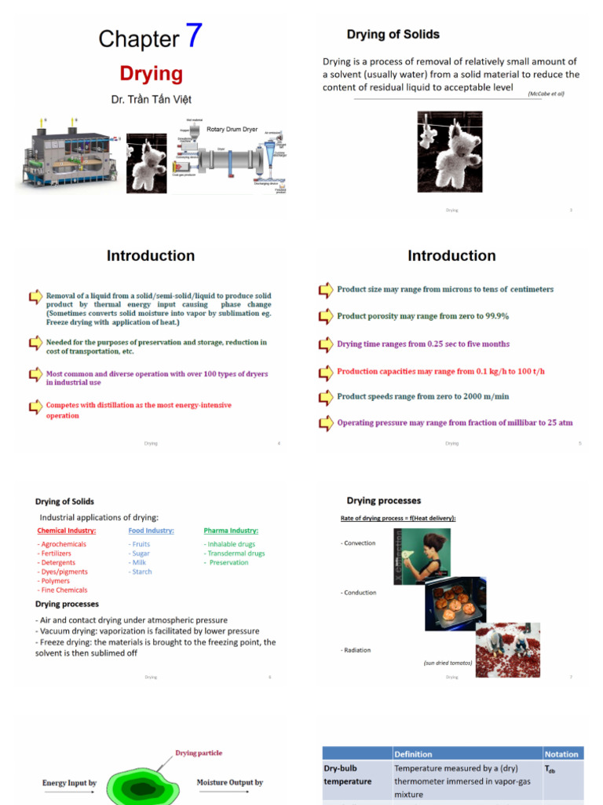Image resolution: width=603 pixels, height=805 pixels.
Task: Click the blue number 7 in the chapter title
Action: [x=193, y=36]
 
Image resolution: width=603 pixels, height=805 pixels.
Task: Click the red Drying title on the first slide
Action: [x=151, y=74]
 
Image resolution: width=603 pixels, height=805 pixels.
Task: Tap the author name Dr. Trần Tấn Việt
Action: [x=151, y=99]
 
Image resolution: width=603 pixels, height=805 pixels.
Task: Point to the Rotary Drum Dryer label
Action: [x=232, y=129]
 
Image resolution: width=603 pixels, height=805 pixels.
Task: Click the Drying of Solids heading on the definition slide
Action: [x=393, y=35]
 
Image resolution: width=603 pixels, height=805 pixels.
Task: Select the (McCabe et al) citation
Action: [x=546, y=94]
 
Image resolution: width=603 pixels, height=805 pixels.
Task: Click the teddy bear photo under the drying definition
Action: [x=449, y=152]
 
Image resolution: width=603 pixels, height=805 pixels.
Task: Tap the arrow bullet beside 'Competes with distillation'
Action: [x=35, y=406]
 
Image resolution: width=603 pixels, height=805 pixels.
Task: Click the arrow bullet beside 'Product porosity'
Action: [x=325, y=317]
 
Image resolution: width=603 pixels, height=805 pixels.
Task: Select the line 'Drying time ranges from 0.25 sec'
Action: [x=422, y=344]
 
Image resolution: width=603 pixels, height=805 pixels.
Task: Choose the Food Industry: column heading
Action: [x=151, y=531]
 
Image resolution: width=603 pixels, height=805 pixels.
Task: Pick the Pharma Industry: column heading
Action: [x=231, y=531]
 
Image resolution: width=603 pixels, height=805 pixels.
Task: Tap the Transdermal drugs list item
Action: [x=234, y=553]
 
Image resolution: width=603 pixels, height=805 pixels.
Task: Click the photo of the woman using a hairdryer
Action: [x=422, y=555]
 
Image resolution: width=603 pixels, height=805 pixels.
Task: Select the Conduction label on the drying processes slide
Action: [x=358, y=593]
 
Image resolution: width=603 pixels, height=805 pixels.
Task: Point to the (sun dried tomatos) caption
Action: [x=448, y=663]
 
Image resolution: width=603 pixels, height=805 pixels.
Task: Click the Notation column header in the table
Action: [x=561, y=754]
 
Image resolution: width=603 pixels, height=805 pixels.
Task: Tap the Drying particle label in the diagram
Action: [x=198, y=753]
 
